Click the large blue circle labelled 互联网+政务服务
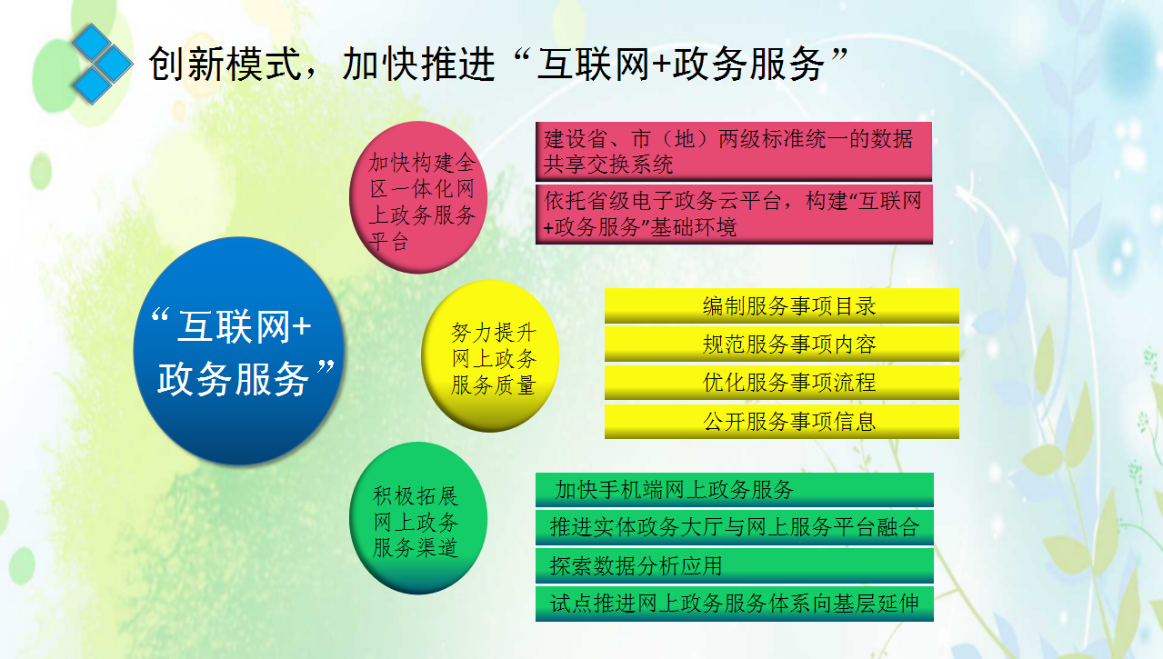[239, 351]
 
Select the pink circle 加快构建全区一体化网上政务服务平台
[418, 197]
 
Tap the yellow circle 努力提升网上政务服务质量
[490, 356]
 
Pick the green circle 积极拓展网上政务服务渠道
[418, 518]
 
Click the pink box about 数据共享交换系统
[734, 152]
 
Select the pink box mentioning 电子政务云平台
[734, 214]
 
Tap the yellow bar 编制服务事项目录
[781, 305]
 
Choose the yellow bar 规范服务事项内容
[781, 344]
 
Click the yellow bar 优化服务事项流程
[781, 383]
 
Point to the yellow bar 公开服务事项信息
[781, 422]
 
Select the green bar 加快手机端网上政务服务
[734, 489]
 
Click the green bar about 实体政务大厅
[734, 527]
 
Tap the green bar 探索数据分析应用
[734, 565]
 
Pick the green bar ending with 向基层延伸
[734, 604]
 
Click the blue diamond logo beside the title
[102, 64]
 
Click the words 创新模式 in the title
[226, 65]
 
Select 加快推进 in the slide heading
[418, 65]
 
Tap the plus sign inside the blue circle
[302, 327]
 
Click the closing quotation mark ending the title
[839, 54]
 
